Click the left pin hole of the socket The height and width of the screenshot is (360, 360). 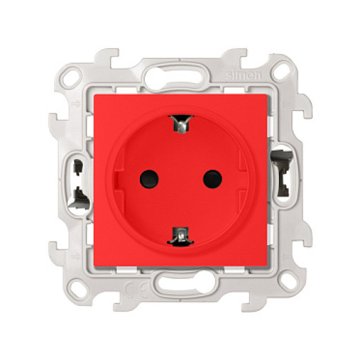click(x=149, y=179)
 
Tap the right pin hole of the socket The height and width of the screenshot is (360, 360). click(x=210, y=179)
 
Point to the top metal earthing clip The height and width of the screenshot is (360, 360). click(x=180, y=125)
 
